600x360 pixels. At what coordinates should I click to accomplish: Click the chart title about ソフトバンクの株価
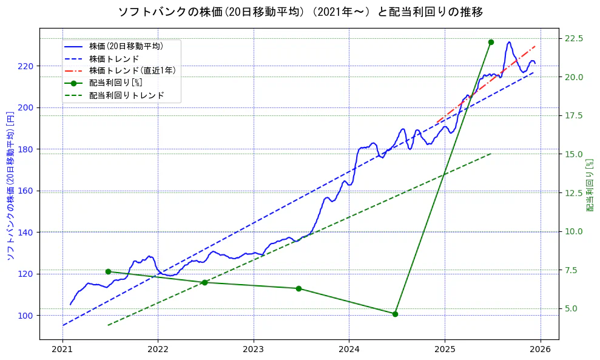[300, 12]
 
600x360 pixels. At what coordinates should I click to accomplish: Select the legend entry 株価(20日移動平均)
[126, 46]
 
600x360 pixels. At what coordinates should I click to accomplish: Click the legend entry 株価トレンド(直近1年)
[132, 70]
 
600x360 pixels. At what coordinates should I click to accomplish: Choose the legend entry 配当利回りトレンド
[126, 96]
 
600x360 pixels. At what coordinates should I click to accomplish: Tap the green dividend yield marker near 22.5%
[491, 42]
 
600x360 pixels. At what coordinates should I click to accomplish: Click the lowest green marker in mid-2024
[395, 314]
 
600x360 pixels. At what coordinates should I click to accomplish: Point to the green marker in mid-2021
[108, 271]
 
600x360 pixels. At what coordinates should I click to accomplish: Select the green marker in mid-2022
[204, 282]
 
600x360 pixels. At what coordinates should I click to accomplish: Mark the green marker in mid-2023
[298, 288]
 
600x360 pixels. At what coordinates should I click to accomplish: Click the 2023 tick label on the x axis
[254, 350]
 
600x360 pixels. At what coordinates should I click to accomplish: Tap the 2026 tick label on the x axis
[540, 350]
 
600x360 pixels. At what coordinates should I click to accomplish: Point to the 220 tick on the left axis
[28, 66]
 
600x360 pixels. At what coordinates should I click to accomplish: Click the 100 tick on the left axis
[28, 316]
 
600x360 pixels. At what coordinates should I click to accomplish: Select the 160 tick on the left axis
[28, 191]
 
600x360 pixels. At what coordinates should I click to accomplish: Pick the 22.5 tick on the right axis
[574, 38]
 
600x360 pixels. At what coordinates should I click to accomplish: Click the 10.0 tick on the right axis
[574, 231]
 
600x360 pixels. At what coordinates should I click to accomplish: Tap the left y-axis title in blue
[10, 185]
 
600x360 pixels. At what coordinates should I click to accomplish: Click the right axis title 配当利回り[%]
[590, 185]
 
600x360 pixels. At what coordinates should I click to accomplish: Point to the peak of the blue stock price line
[509, 42]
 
